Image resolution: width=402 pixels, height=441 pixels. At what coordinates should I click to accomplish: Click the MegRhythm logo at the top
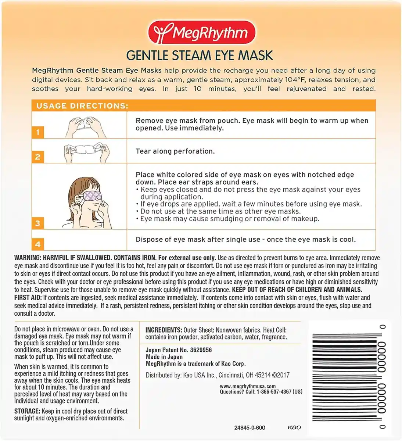pyautogui.click(x=201, y=32)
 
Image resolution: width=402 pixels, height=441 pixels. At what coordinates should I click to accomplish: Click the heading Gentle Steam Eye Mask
pyautogui.click(x=200, y=55)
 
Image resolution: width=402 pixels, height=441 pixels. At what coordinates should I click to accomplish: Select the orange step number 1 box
pyautogui.click(x=38, y=132)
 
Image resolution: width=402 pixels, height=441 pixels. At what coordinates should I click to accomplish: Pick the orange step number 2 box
pyautogui.click(x=38, y=157)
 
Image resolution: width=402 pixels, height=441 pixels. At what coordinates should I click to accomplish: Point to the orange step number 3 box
pyautogui.click(x=38, y=223)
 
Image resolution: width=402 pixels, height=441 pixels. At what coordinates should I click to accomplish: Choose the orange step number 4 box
pyautogui.click(x=38, y=244)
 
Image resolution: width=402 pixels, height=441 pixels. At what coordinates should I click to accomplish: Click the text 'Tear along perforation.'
pyautogui.click(x=175, y=151)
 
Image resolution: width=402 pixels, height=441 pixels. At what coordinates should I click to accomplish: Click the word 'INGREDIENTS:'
pyautogui.click(x=164, y=330)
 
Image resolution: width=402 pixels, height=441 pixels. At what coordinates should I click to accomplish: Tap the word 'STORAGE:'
pyautogui.click(x=27, y=411)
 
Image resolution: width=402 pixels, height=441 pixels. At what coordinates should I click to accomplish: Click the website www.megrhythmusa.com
pyautogui.click(x=248, y=386)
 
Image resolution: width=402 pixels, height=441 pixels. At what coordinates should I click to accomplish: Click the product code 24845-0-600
pyautogui.click(x=250, y=428)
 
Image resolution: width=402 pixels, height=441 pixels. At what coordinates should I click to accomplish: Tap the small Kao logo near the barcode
pyautogui.click(x=294, y=427)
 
